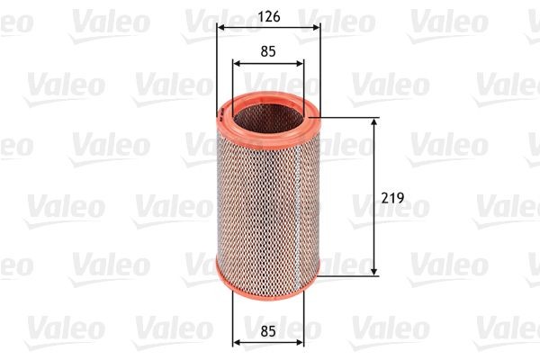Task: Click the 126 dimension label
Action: tap(268, 15)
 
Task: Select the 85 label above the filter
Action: tap(268, 51)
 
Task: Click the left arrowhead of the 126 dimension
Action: tap(221, 27)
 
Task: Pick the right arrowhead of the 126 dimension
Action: tap(316, 27)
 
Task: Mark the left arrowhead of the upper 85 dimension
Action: tap(237, 63)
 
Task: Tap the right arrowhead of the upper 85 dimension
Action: tap(301, 63)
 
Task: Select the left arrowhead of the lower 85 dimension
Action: tap(237, 341)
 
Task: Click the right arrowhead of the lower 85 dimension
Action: tap(301, 341)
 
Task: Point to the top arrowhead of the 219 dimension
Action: tap(374, 121)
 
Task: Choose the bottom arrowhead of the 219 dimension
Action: tap(374, 271)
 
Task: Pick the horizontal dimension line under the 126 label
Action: tap(268, 27)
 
